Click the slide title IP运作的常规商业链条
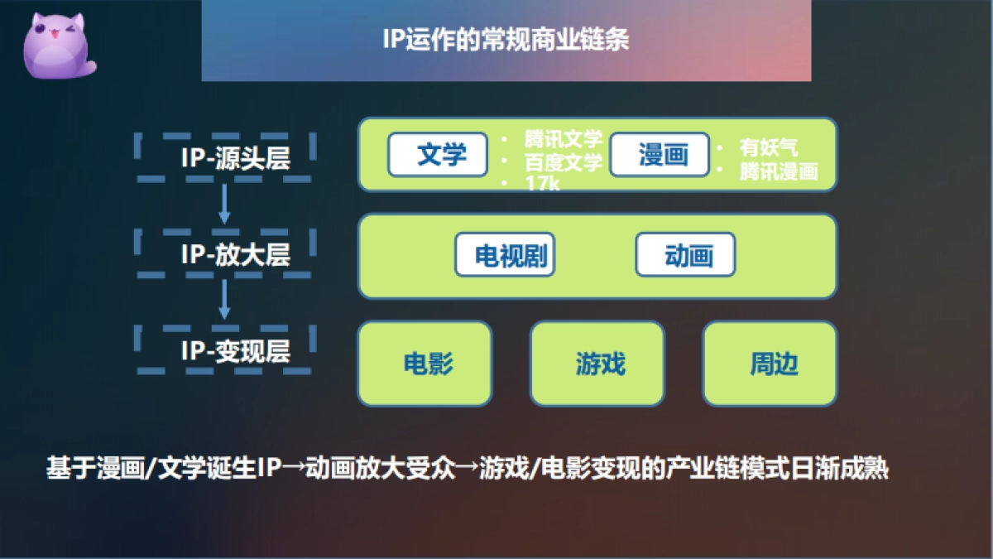[x=506, y=40]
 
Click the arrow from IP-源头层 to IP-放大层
[x=224, y=205]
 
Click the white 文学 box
[x=438, y=154]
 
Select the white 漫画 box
[x=660, y=155]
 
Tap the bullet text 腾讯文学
[x=563, y=139]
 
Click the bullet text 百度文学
[x=563, y=162]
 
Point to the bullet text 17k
[x=542, y=184]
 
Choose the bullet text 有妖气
[x=769, y=148]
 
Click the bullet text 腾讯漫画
[x=779, y=171]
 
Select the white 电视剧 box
[x=505, y=255]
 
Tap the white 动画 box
[x=685, y=255]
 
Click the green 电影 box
[x=425, y=364]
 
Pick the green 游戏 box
[x=597, y=364]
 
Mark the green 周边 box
[x=770, y=364]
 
